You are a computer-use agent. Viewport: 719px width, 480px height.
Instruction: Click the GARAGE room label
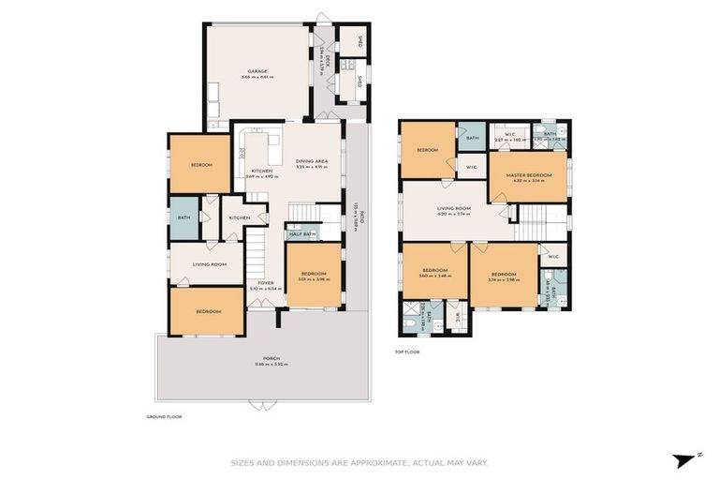coord(257,71)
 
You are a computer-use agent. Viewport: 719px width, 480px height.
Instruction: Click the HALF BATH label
coord(301,233)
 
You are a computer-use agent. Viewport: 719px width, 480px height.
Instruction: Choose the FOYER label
coord(266,281)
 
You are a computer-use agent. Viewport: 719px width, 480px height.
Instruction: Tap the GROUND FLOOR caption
coord(162,415)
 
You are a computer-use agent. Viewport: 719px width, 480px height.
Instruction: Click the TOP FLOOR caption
coord(407,352)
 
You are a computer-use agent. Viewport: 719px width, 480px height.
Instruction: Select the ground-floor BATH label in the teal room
coord(183,217)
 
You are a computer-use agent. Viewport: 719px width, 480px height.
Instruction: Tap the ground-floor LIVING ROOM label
coord(211,264)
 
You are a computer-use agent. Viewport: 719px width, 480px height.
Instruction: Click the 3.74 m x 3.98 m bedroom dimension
coord(504,279)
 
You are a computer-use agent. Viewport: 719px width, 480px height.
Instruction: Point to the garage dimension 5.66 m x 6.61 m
coord(257,78)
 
